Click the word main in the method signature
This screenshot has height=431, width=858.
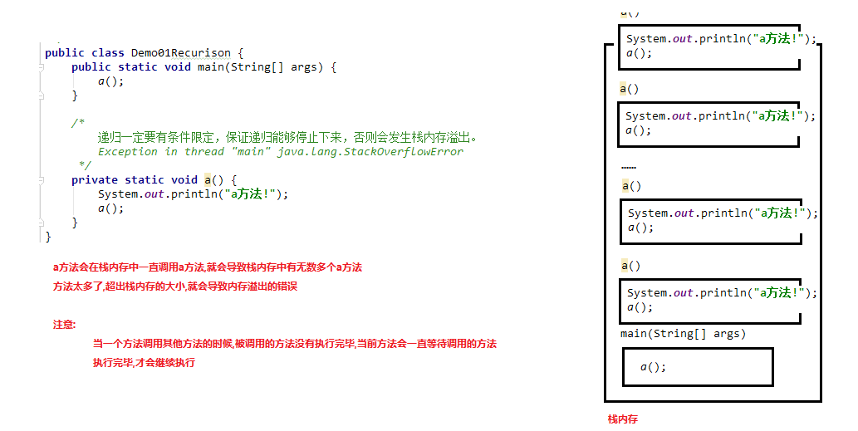coord(210,67)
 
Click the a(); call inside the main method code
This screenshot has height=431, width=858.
coord(110,81)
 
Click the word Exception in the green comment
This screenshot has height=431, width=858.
coord(127,152)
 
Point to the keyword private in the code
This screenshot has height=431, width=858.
coord(94,180)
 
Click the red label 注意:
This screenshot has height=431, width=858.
coord(65,325)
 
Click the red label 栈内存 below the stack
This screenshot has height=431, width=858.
coord(623,419)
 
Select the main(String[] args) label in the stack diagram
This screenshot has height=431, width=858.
coord(683,334)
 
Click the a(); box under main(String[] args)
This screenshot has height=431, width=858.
coord(698,366)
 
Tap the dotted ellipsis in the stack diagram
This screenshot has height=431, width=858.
coord(628,168)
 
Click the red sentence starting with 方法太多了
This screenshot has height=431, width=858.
coord(174,287)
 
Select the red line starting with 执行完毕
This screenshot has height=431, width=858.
coord(144,363)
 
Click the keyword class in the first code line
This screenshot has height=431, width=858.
coord(107,52)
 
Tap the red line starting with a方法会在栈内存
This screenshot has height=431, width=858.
coord(208,267)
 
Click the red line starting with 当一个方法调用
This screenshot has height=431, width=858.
coord(294,343)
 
